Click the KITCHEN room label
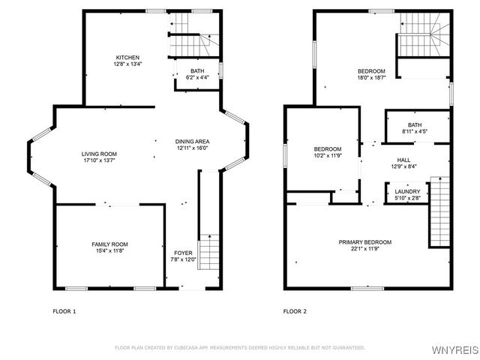click(x=127, y=58)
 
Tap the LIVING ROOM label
click(x=99, y=154)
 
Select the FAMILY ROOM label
click(x=109, y=244)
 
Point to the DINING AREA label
click(x=192, y=142)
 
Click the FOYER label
click(x=183, y=253)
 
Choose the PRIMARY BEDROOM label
click(x=364, y=242)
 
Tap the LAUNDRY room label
click(x=407, y=192)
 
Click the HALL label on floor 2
click(x=403, y=160)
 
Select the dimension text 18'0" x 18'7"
click(x=371, y=78)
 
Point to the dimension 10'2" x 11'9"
click(x=328, y=155)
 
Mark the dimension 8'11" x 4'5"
click(x=415, y=132)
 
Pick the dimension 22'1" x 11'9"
click(x=364, y=250)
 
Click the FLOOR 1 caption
click(x=64, y=310)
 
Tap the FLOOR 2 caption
click(x=295, y=310)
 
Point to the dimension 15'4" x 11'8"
click(x=109, y=252)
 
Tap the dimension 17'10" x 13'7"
click(x=99, y=161)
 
